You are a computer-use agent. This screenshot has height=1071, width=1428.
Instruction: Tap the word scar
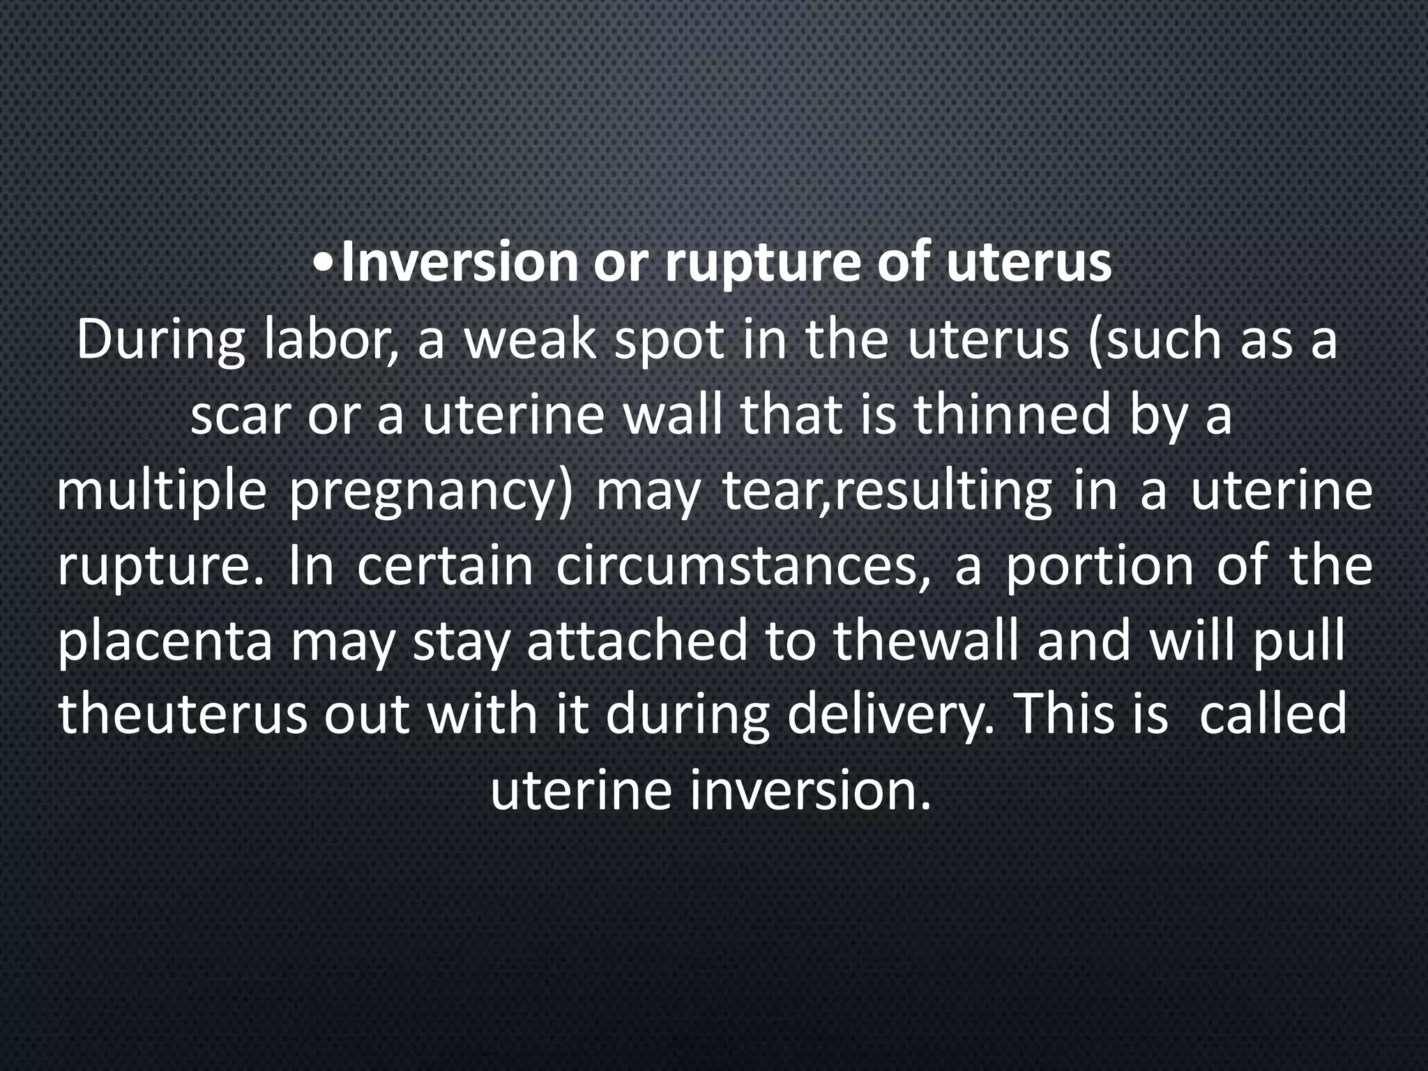(239, 416)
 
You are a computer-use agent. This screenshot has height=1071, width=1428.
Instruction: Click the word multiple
(161, 493)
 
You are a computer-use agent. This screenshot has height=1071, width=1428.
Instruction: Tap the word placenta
(166, 642)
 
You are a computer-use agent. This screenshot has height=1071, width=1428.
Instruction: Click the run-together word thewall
(927, 641)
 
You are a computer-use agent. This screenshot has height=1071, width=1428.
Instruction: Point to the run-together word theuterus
(183, 716)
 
